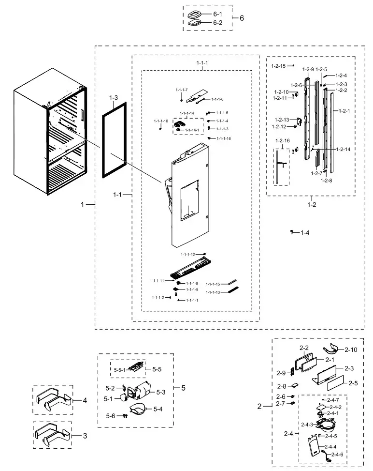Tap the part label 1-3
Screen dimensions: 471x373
(113, 98)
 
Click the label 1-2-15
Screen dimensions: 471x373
(278, 66)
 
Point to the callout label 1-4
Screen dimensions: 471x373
(305, 233)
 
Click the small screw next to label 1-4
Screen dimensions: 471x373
(292, 232)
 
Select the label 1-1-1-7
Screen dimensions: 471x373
(182, 90)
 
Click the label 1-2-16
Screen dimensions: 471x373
(283, 140)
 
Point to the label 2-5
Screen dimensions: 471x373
(353, 383)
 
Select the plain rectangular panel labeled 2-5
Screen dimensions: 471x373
(336, 385)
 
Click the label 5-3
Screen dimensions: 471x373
(160, 392)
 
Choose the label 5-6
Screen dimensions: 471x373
(111, 416)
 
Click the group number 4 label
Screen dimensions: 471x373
(85, 400)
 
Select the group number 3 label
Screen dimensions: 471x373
(85, 436)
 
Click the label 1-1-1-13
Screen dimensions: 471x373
(213, 292)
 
